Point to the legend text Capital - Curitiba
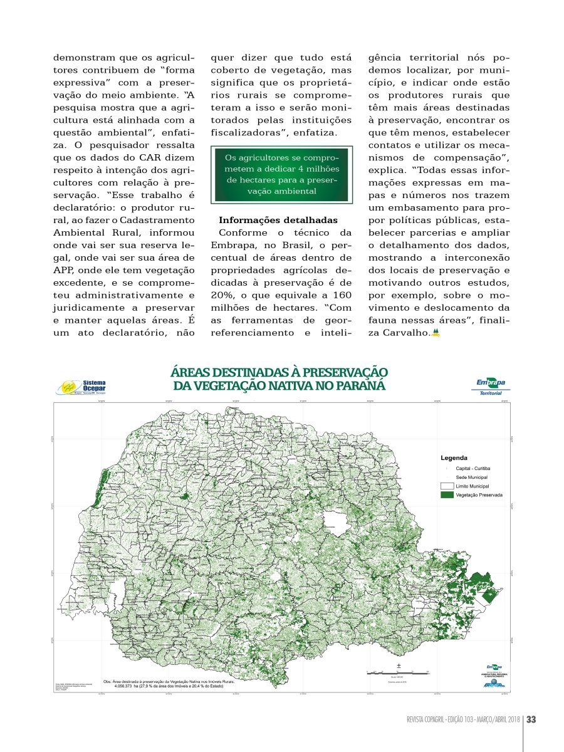[x=474, y=468]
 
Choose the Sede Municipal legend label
[x=472, y=477]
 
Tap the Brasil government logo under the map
[x=493, y=685]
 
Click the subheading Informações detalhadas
[x=278, y=220]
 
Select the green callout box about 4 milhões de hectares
[x=281, y=174]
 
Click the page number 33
[x=531, y=719]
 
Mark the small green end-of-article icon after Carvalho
[x=436, y=332]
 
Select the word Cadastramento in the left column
[x=164, y=220]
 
